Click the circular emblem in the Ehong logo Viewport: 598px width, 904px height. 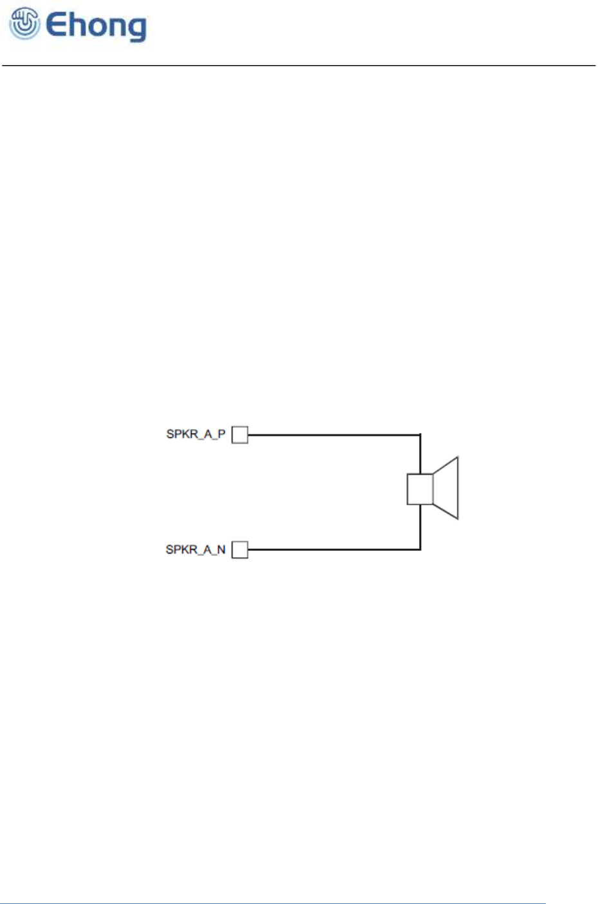pyautogui.click(x=24, y=24)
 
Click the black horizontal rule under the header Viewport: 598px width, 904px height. pyautogui.click(x=299, y=66)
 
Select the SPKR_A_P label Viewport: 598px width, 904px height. pyautogui.click(x=196, y=434)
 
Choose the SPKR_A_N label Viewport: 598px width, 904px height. pyautogui.click(x=196, y=550)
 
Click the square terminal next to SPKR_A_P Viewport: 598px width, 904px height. pyautogui.click(x=239, y=435)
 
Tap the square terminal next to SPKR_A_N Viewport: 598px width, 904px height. pyautogui.click(x=239, y=550)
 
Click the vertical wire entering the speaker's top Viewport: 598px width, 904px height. pyautogui.click(x=420, y=455)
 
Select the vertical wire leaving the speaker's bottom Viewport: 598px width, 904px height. pyautogui.click(x=420, y=527)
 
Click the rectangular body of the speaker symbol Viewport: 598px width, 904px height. pyautogui.click(x=420, y=489)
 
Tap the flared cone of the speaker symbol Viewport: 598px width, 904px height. pyautogui.click(x=447, y=488)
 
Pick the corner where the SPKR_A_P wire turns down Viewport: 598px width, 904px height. pyautogui.click(x=420, y=435)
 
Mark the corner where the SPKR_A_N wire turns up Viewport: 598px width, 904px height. pyautogui.click(x=420, y=550)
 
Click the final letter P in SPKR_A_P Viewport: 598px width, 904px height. pyautogui.click(x=221, y=434)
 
